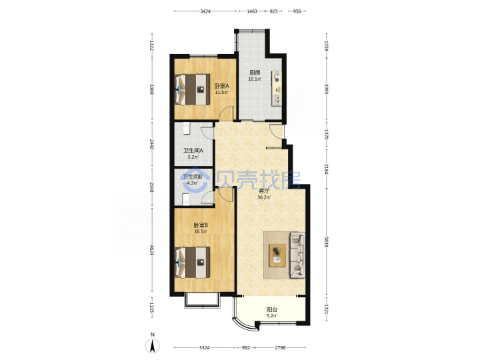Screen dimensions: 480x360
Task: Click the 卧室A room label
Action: [221, 86]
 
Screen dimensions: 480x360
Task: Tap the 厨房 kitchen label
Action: [255, 73]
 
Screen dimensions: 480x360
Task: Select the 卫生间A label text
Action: [193, 151]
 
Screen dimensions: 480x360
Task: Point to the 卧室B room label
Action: [201, 225]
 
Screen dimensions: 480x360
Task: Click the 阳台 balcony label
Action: [272, 309]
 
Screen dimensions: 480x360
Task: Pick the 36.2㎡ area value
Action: [264, 197]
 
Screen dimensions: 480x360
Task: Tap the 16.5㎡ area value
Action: [201, 231]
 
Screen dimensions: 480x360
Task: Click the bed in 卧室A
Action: [192, 90]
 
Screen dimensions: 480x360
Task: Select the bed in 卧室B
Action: [192, 263]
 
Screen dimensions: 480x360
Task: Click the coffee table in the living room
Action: [277, 255]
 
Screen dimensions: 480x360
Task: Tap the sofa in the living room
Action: [297, 255]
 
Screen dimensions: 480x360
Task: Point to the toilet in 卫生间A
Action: [187, 129]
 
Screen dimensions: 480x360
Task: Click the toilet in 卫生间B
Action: [186, 199]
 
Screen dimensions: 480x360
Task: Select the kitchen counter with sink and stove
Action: [277, 89]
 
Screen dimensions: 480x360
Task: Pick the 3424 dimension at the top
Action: [205, 11]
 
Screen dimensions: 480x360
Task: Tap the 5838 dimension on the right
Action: [326, 243]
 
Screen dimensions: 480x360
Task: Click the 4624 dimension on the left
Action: [151, 249]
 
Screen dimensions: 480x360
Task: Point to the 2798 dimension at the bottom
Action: [280, 348]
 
